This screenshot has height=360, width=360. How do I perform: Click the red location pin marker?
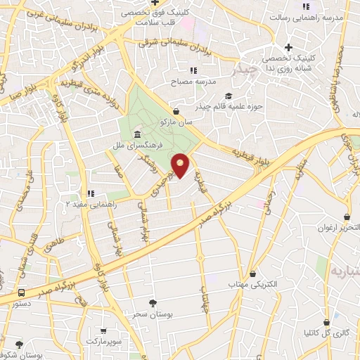[x=181, y=165]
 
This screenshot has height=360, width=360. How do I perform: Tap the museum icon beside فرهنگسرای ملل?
[x=136, y=134]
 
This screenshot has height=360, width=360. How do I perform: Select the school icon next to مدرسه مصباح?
[x=193, y=70]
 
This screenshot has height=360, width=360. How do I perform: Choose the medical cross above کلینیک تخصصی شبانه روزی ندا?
[x=288, y=47]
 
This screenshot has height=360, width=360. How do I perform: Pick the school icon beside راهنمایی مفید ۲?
[x=90, y=193]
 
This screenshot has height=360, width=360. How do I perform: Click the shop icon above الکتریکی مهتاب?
[x=252, y=274]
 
